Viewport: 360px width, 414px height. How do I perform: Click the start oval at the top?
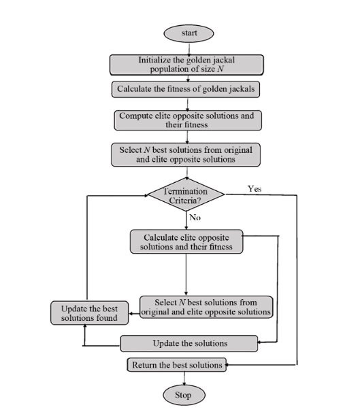[x=188, y=33]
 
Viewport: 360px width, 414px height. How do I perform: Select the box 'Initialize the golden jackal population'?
[x=186, y=64]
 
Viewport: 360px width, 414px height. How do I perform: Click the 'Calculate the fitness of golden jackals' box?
[x=186, y=88]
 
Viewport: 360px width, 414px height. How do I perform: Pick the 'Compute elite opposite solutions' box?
[x=186, y=120]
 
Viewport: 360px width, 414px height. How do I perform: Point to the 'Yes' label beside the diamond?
[x=254, y=188]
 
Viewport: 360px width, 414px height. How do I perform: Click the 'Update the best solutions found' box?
[x=85, y=313]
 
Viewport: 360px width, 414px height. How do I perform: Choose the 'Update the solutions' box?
[x=189, y=343]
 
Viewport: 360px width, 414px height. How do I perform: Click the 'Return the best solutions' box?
[x=176, y=365]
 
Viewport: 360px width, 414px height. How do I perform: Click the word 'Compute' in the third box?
[x=139, y=116]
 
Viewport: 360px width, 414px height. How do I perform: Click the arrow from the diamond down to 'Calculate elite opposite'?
[x=186, y=221]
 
